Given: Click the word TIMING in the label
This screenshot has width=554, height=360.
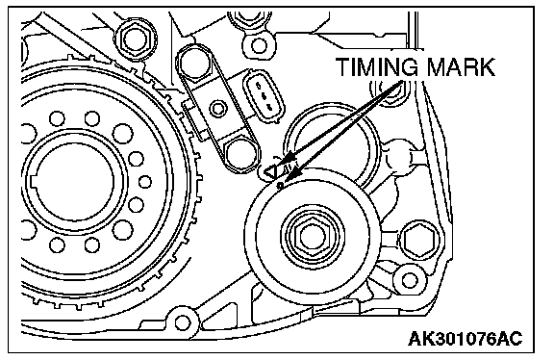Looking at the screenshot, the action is coord(378,66).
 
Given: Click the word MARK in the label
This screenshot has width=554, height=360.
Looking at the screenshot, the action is coord(461,66).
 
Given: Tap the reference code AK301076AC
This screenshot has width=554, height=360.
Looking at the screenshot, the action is coord(465,339).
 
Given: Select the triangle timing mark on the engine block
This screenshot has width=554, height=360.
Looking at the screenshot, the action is coord(270,172).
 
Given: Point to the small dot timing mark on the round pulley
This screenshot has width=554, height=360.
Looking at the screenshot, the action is coord(281,185).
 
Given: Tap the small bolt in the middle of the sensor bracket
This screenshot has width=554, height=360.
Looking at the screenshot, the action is coord(218,108).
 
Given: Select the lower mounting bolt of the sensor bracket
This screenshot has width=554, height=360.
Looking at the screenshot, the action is coord(240,153).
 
